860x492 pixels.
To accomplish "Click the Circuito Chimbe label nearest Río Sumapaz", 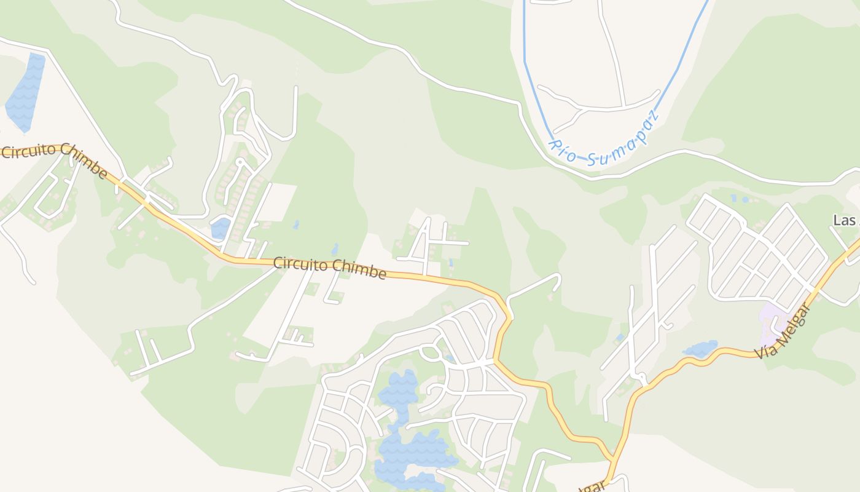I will tap(330, 268).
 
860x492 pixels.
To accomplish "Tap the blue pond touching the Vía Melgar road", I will tap(700, 349).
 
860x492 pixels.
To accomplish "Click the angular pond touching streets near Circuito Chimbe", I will tap(221, 228).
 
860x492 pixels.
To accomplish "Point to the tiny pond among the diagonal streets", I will tap(620, 338).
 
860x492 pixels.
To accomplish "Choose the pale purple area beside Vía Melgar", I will tap(772, 323).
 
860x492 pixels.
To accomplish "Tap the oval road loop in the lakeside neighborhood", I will tap(431, 352).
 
